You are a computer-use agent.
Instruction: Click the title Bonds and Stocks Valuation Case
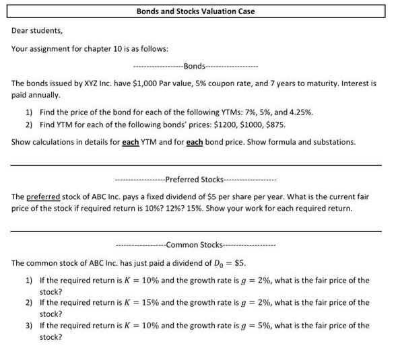tap(195, 11)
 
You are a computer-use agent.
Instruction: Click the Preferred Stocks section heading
tap(195, 179)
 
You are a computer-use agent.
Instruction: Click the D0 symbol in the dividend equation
tap(219, 262)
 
